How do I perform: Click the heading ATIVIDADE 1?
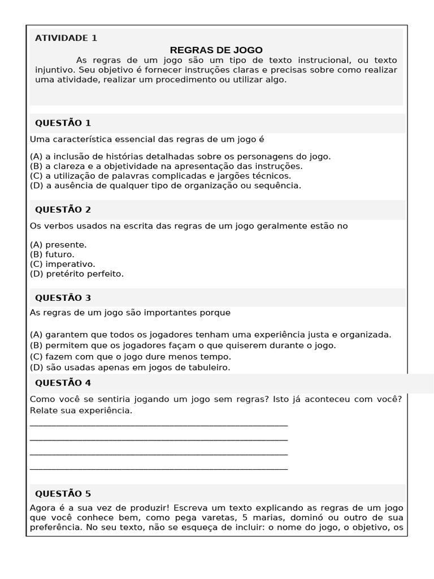[x=66, y=38]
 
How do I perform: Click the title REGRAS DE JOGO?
[x=216, y=50]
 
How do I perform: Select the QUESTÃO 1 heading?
[x=63, y=123]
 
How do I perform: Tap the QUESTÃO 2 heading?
[x=63, y=209]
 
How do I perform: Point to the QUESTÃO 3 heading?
[x=63, y=297]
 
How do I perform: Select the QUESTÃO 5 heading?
[x=63, y=494]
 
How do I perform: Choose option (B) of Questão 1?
[x=166, y=166]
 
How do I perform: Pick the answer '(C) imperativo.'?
[x=62, y=264]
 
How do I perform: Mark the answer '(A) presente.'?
[x=58, y=245]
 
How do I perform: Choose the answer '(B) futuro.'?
[x=52, y=254]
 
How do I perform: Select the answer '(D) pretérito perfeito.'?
[x=76, y=274]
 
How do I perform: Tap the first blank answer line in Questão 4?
[x=158, y=424]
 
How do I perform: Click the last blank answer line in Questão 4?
[x=158, y=468]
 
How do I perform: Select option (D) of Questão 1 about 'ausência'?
[x=165, y=185]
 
